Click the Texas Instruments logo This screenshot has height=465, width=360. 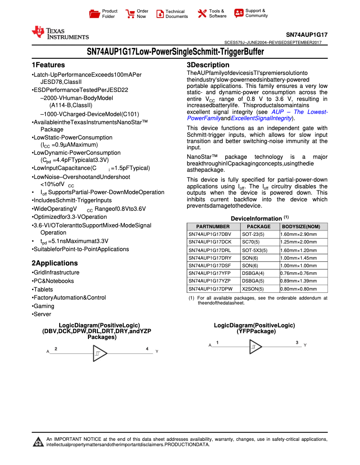[x=60, y=33]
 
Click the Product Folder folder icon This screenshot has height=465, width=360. [x=94, y=14]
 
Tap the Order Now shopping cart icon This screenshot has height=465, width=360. [x=130, y=14]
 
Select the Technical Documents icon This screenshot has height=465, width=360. [x=160, y=14]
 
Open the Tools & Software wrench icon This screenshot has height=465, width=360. [x=202, y=14]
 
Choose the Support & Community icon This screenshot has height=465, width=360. [x=239, y=13]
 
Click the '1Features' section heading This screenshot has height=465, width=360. [x=48, y=65]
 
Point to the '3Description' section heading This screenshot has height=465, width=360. [x=208, y=65]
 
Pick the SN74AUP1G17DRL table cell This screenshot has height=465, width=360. [x=210, y=250]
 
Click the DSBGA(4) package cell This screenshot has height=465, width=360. [x=253, y=273]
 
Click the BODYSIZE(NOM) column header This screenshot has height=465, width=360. [x=301, y=227]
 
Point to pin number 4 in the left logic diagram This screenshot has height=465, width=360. [x=147, y=348]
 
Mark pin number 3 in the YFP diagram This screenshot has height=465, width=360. [x=297, y=343]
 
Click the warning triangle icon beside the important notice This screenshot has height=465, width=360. [x=37, y=442]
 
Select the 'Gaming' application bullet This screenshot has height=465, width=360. [x=44, y=306]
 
